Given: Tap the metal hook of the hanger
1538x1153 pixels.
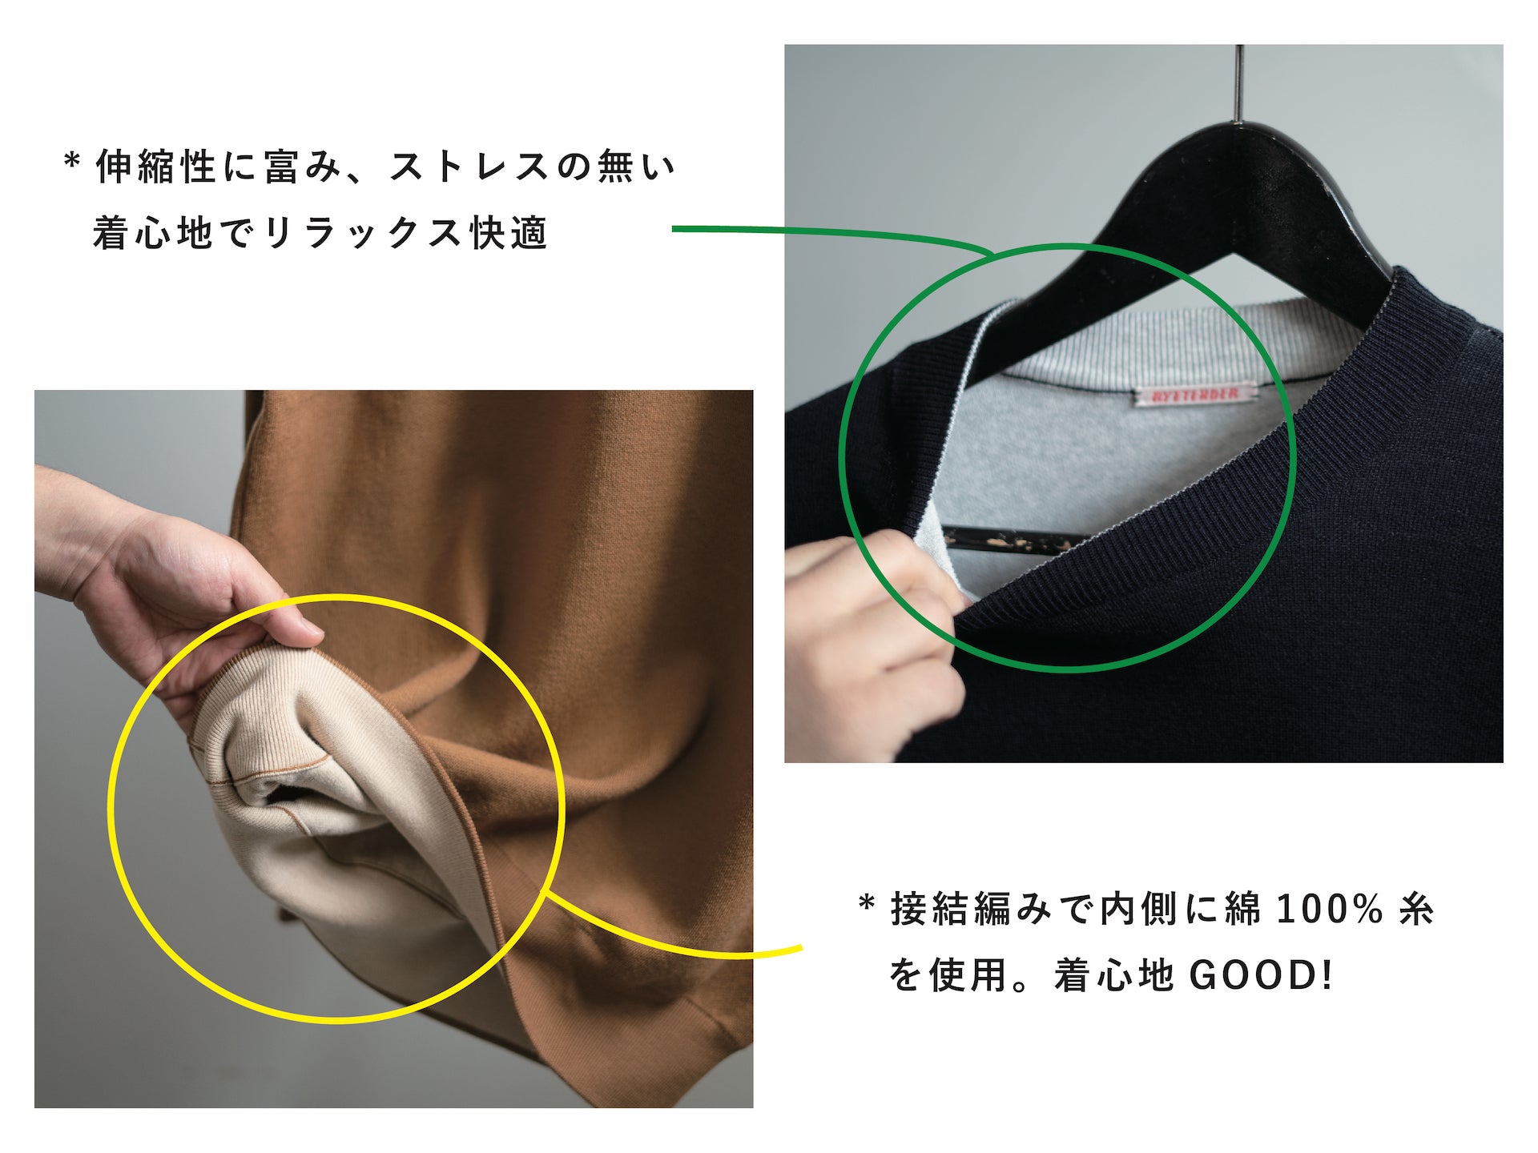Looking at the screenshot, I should click(1240, 80).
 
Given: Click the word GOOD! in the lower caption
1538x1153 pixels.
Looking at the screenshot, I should click(1260, 975).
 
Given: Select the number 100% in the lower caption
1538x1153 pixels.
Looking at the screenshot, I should click(1329, 909).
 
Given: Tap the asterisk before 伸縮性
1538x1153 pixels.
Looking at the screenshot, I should click(72, 163).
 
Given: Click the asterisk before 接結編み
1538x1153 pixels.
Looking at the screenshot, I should click(866, 906).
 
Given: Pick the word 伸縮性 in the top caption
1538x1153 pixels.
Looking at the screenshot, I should click(156, 167).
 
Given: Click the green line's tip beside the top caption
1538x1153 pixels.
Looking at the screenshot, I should click(674, 229).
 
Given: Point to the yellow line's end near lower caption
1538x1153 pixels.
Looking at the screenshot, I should click(799, 949).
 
